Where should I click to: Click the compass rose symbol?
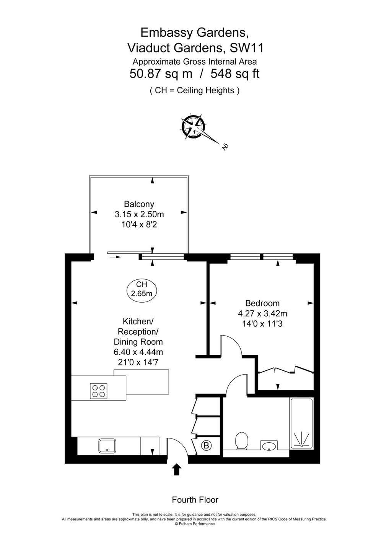coord(193,127)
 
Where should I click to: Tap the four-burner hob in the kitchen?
coord(99,391)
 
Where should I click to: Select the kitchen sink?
coord(107,446)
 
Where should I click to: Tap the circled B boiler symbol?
coord(206,445)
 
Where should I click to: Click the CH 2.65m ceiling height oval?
coord(142,289)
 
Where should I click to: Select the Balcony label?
coord(139,204)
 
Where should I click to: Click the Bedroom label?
coord(262,303)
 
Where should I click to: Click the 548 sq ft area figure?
coord(235,73)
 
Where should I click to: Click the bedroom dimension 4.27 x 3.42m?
coord(262,313)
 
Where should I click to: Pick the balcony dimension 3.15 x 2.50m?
coord(139,214)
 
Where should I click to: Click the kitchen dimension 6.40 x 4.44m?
coord(138,352)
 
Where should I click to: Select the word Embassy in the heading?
coord(164,33)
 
